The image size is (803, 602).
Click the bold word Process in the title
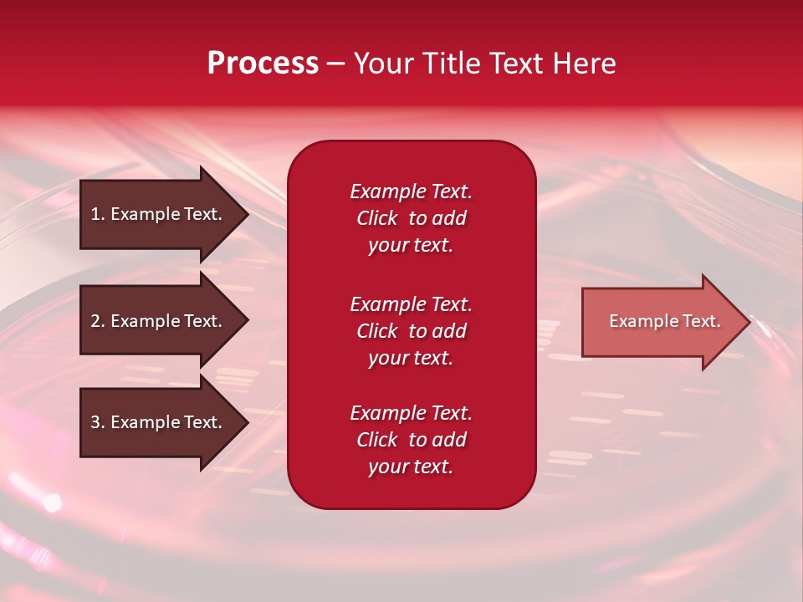coord(263,64)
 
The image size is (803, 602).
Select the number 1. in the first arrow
coord(97,214)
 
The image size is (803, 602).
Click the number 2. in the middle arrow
coord(97,321)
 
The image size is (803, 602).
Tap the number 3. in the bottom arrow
coord(97,422)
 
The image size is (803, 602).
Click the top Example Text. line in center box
coord(411,191)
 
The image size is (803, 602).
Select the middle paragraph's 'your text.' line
coord(411,358)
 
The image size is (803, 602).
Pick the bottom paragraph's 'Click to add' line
coord(411,440)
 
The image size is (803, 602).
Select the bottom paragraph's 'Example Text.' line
coord(411,413)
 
